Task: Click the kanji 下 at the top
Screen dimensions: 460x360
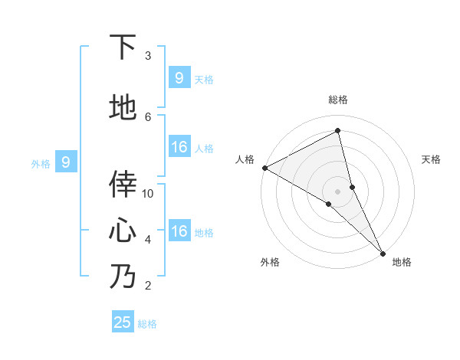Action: point(123,47)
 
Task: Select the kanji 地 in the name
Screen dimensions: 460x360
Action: point(123,108)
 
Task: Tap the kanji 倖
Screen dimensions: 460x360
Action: point(123,184)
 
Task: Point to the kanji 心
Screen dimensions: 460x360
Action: point(123,230)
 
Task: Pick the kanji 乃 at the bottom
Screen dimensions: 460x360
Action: point(123,276)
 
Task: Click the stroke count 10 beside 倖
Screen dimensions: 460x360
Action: point(148,193)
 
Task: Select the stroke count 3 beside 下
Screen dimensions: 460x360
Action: point(148,55)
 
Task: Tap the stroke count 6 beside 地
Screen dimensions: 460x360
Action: point(148,116)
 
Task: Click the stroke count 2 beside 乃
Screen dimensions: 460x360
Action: point(148,286)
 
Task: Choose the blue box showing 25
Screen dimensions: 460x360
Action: point(123,322)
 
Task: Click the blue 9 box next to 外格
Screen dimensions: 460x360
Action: point(66,162)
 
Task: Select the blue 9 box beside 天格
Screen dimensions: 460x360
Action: point(179,77)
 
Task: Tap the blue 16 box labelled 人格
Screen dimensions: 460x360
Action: point(179,147)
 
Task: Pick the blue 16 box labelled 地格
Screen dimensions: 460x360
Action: point(179,231)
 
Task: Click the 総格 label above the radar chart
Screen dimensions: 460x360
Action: point(338,100)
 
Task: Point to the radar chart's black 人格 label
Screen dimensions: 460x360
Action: point(245,159)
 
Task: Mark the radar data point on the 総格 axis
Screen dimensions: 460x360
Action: point(338,131)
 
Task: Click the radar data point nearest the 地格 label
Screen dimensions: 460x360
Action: point(383,252)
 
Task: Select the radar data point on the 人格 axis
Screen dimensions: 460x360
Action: point(264,168)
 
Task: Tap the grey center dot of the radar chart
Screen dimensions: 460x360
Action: point(338,191)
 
